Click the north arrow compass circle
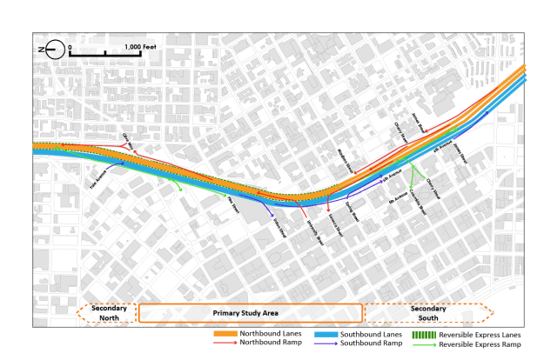tap(55, 50)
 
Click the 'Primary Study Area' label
tap(249, 312)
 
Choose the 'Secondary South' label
tap(421, 312)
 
